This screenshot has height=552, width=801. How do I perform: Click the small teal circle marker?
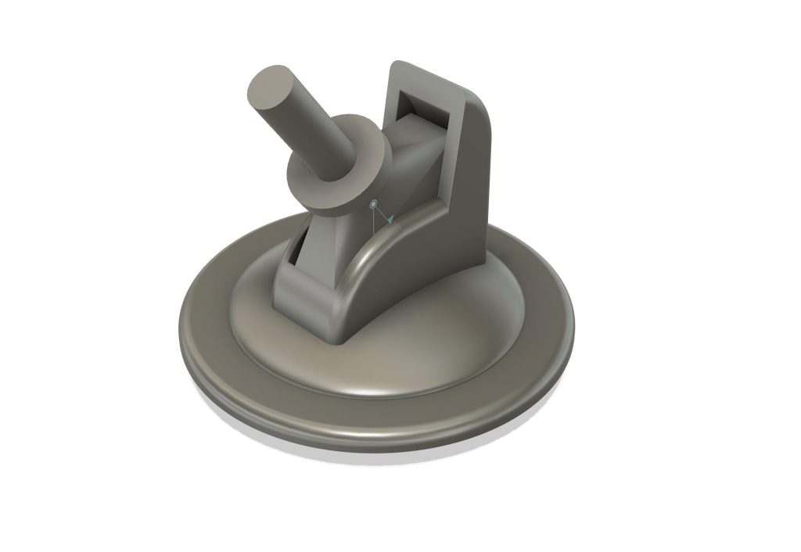374,204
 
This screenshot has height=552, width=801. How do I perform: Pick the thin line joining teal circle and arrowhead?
380,212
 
